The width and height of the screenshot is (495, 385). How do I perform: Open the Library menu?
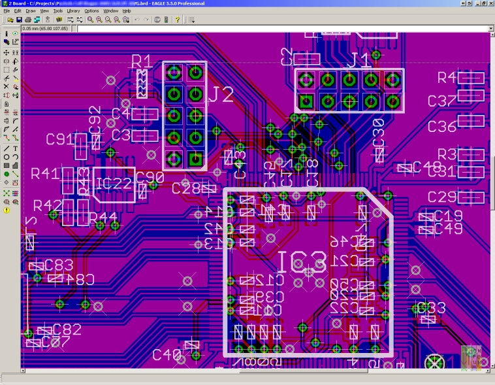point(73,11)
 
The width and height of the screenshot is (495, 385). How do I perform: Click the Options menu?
point(91,11)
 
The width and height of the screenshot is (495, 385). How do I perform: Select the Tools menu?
point(57,11)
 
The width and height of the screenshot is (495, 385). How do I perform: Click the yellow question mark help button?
point(177,20)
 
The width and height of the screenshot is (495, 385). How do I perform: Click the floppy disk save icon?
point(20,20)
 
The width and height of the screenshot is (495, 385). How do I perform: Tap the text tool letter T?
point(15,148)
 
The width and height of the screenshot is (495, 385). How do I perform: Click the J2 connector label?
point(221,95)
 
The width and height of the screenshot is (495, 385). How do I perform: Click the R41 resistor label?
point(45,175)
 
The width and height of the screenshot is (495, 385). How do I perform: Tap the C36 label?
point(441,126)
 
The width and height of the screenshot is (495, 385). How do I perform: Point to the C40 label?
point(167,354)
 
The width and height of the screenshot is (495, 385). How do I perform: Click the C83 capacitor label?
point(59,265)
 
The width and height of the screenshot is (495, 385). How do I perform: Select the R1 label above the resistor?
point(142,62)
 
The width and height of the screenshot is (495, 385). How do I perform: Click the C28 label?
point(186,188)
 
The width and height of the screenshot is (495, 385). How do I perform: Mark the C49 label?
point(449,228)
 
